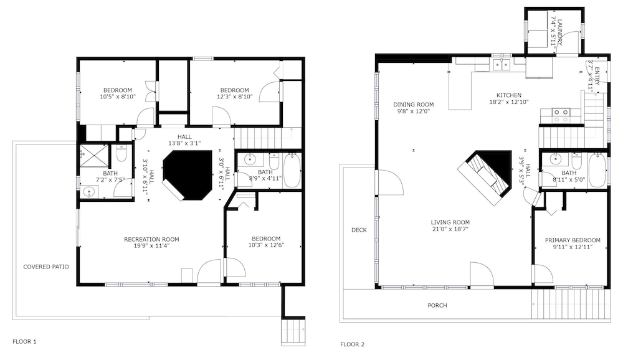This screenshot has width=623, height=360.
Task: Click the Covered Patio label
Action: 46,267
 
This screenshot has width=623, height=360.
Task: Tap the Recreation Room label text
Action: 151,239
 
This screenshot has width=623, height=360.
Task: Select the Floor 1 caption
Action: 24,341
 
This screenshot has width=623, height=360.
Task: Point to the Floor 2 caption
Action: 352,344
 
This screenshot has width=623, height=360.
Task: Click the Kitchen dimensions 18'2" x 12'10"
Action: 509,102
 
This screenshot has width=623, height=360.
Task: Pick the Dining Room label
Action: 414,105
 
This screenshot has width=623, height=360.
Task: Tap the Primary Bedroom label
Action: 573,240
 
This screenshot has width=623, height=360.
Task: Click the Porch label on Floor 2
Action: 437,306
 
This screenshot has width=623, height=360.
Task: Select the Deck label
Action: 359,230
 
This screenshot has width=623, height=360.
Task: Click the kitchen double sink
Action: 502,64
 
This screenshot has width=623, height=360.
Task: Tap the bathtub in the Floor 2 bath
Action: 597,171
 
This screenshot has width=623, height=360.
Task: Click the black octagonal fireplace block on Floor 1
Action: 187,175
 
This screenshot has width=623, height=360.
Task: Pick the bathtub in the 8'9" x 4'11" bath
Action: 292,171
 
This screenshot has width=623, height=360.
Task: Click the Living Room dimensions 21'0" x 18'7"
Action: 450,229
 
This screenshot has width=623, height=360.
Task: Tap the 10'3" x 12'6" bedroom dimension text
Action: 266,245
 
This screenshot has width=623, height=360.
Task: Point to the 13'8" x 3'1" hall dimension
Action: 184,143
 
